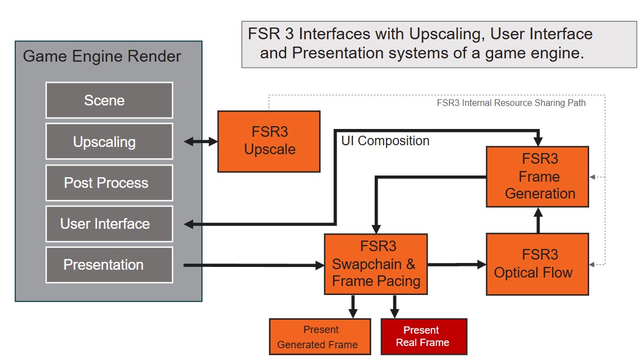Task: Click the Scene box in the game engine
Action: (109, 100)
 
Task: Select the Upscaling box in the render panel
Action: (109, 141)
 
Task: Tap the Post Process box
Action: (109, 183)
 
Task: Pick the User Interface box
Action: (109, 224)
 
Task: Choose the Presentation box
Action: (109, 265)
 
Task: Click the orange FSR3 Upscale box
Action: (269, 141)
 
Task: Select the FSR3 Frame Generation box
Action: (537, 177)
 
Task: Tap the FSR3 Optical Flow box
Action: (537, 264)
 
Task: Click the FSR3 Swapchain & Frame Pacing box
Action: (376, 264)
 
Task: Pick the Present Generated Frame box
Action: (320, 337)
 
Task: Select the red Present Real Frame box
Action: (424, 337)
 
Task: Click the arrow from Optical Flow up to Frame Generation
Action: (538, 220)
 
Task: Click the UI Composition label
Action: (385, 141)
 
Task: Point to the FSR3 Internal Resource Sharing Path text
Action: (511, 103)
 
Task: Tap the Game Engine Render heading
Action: (102, 57)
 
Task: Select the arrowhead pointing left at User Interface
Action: (190, 224)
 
